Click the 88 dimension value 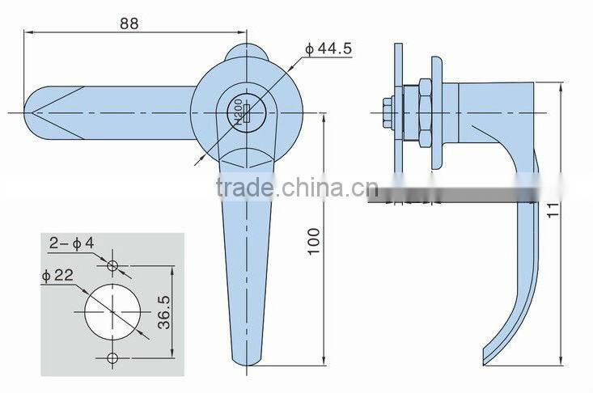coord(129,23)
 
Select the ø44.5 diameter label coord(329,50)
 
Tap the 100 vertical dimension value coord(315,241)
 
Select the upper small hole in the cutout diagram coord(112,265)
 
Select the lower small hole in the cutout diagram coord(112,357)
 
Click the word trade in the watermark coord(244,188)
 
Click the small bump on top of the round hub coord(246,52)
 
